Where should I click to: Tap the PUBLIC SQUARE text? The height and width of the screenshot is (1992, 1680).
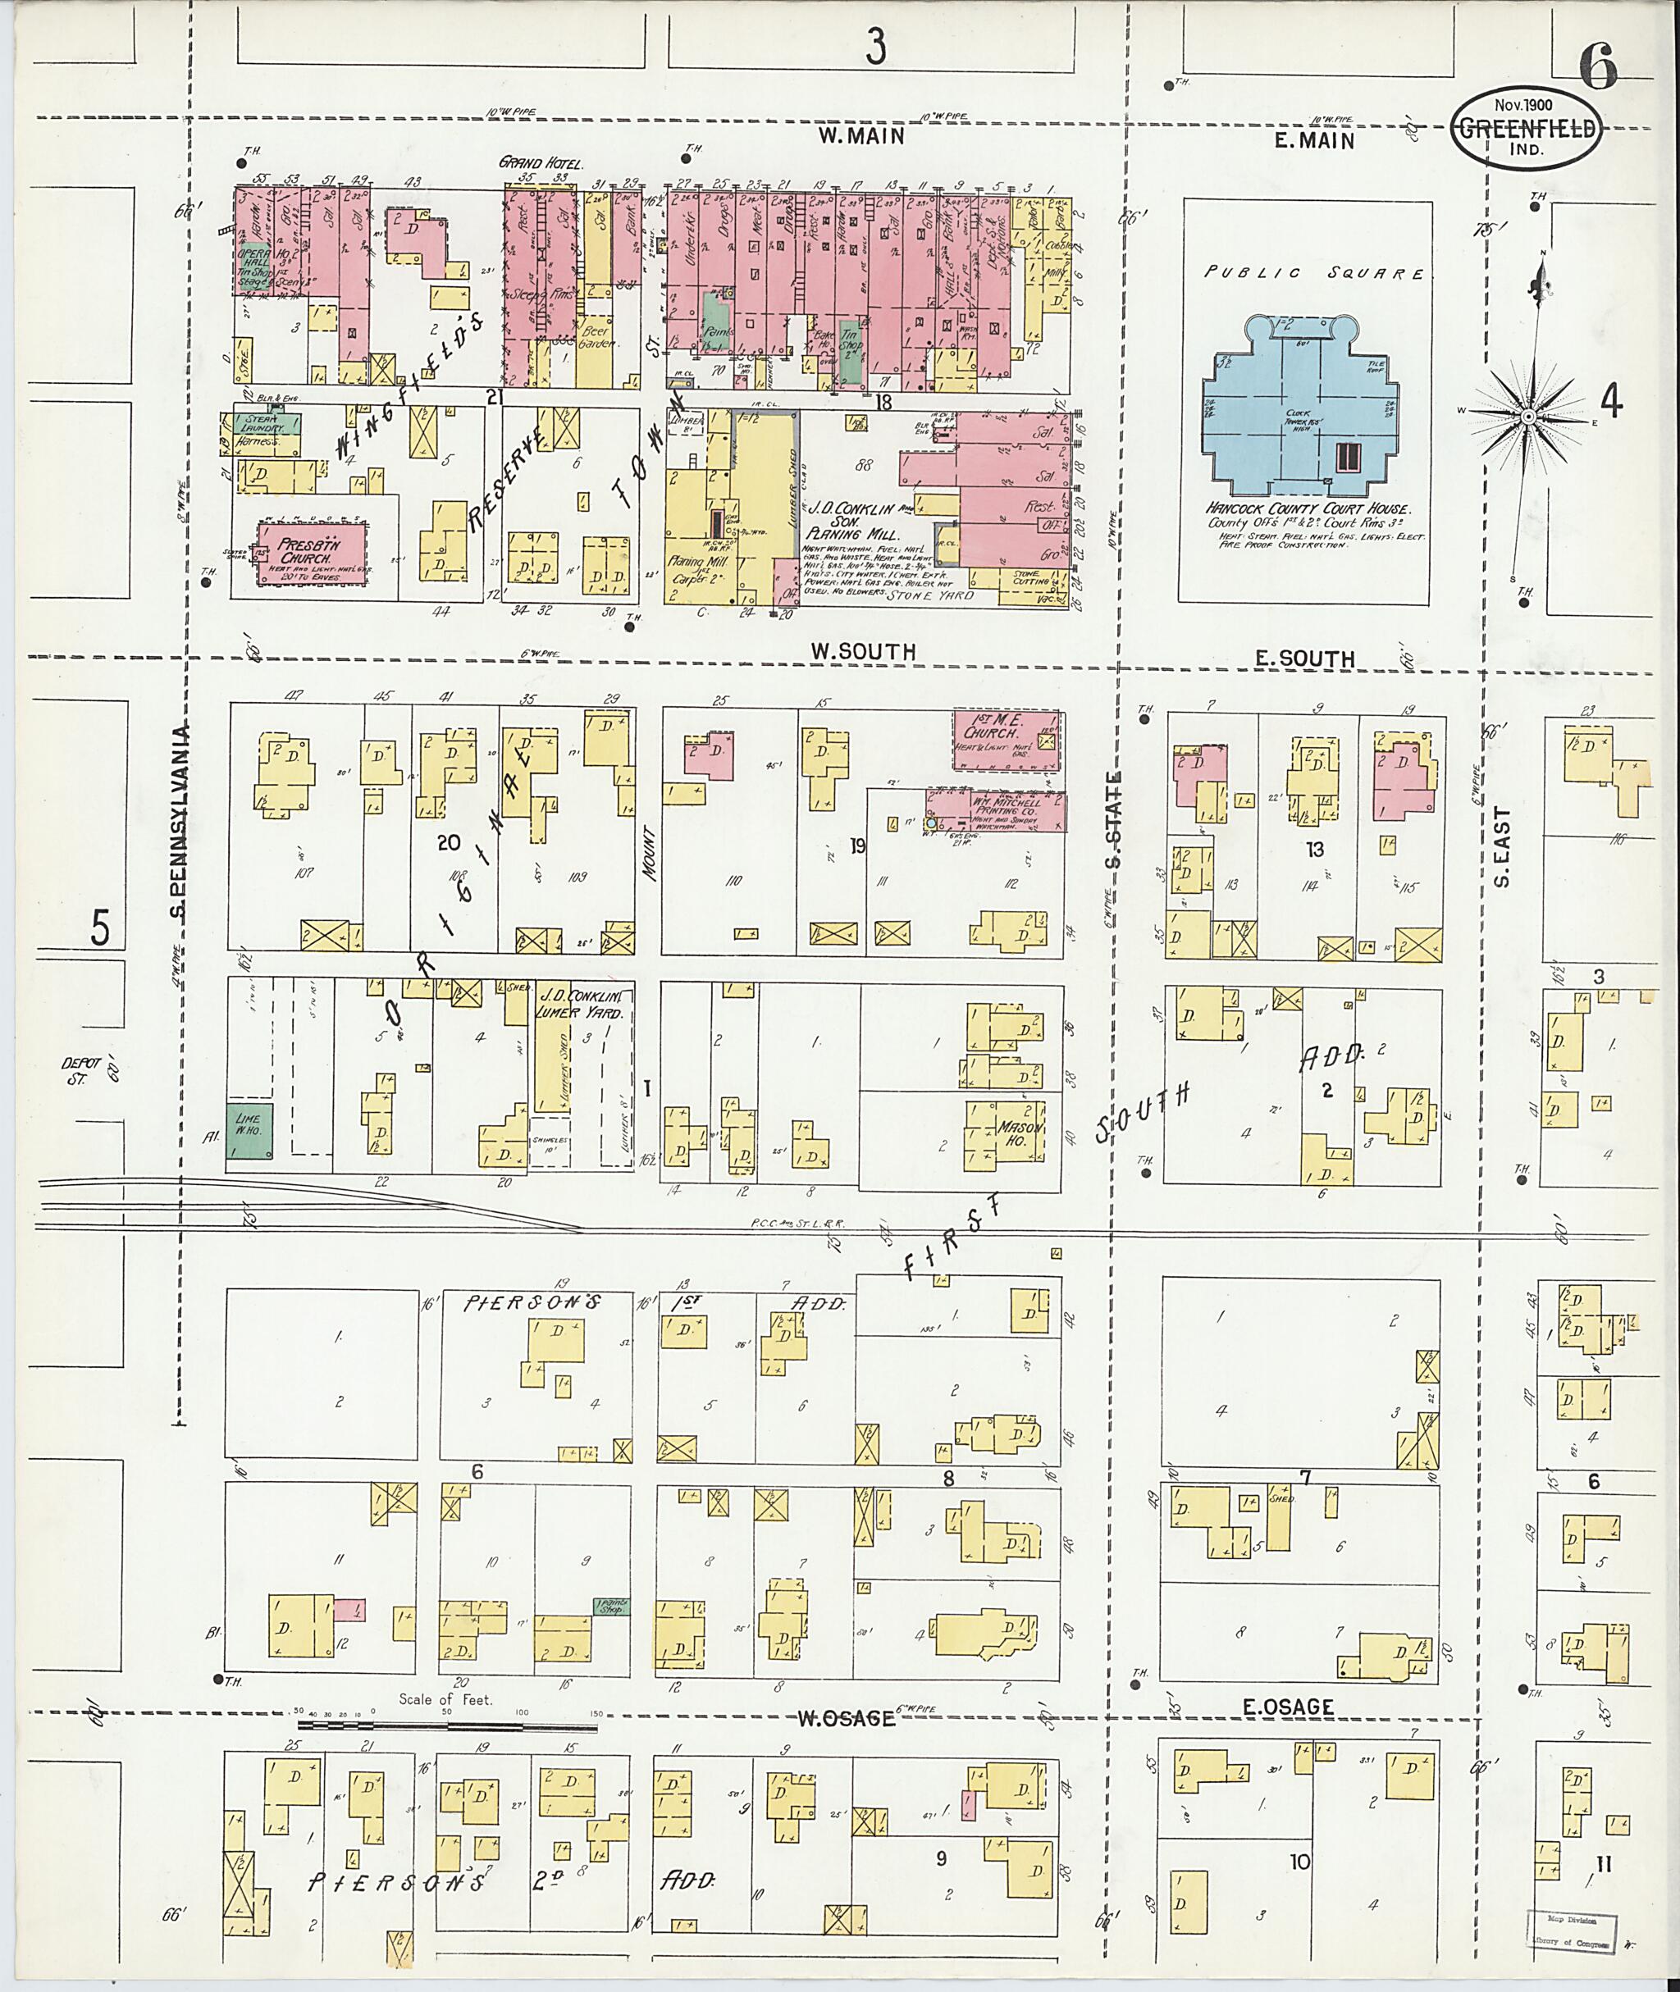coord(1313,273)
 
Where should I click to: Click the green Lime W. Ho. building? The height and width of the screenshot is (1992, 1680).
coord(249,1131)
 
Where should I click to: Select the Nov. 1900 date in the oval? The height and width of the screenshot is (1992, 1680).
coord(1524,105)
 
